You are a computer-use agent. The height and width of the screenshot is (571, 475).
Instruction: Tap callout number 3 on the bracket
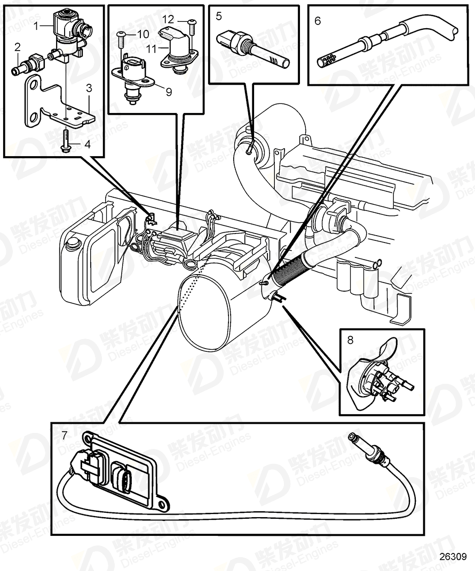tap(89, 87)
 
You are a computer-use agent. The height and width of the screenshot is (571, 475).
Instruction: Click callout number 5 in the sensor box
tap(218, 16)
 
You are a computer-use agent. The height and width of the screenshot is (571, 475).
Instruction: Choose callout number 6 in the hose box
tap(318, 21)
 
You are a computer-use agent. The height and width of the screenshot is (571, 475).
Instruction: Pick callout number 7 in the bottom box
tap(64, 436)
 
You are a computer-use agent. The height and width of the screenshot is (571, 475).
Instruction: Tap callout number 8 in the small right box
tap(351, 339)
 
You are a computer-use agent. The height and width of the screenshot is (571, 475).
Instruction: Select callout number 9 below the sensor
tap(169, 92)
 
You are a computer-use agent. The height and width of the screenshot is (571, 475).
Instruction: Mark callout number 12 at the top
tap(168, 19)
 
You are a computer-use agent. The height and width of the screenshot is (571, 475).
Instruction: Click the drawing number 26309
tap(453, 556)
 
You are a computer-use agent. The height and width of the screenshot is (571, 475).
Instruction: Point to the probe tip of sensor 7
tap(353, 438)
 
